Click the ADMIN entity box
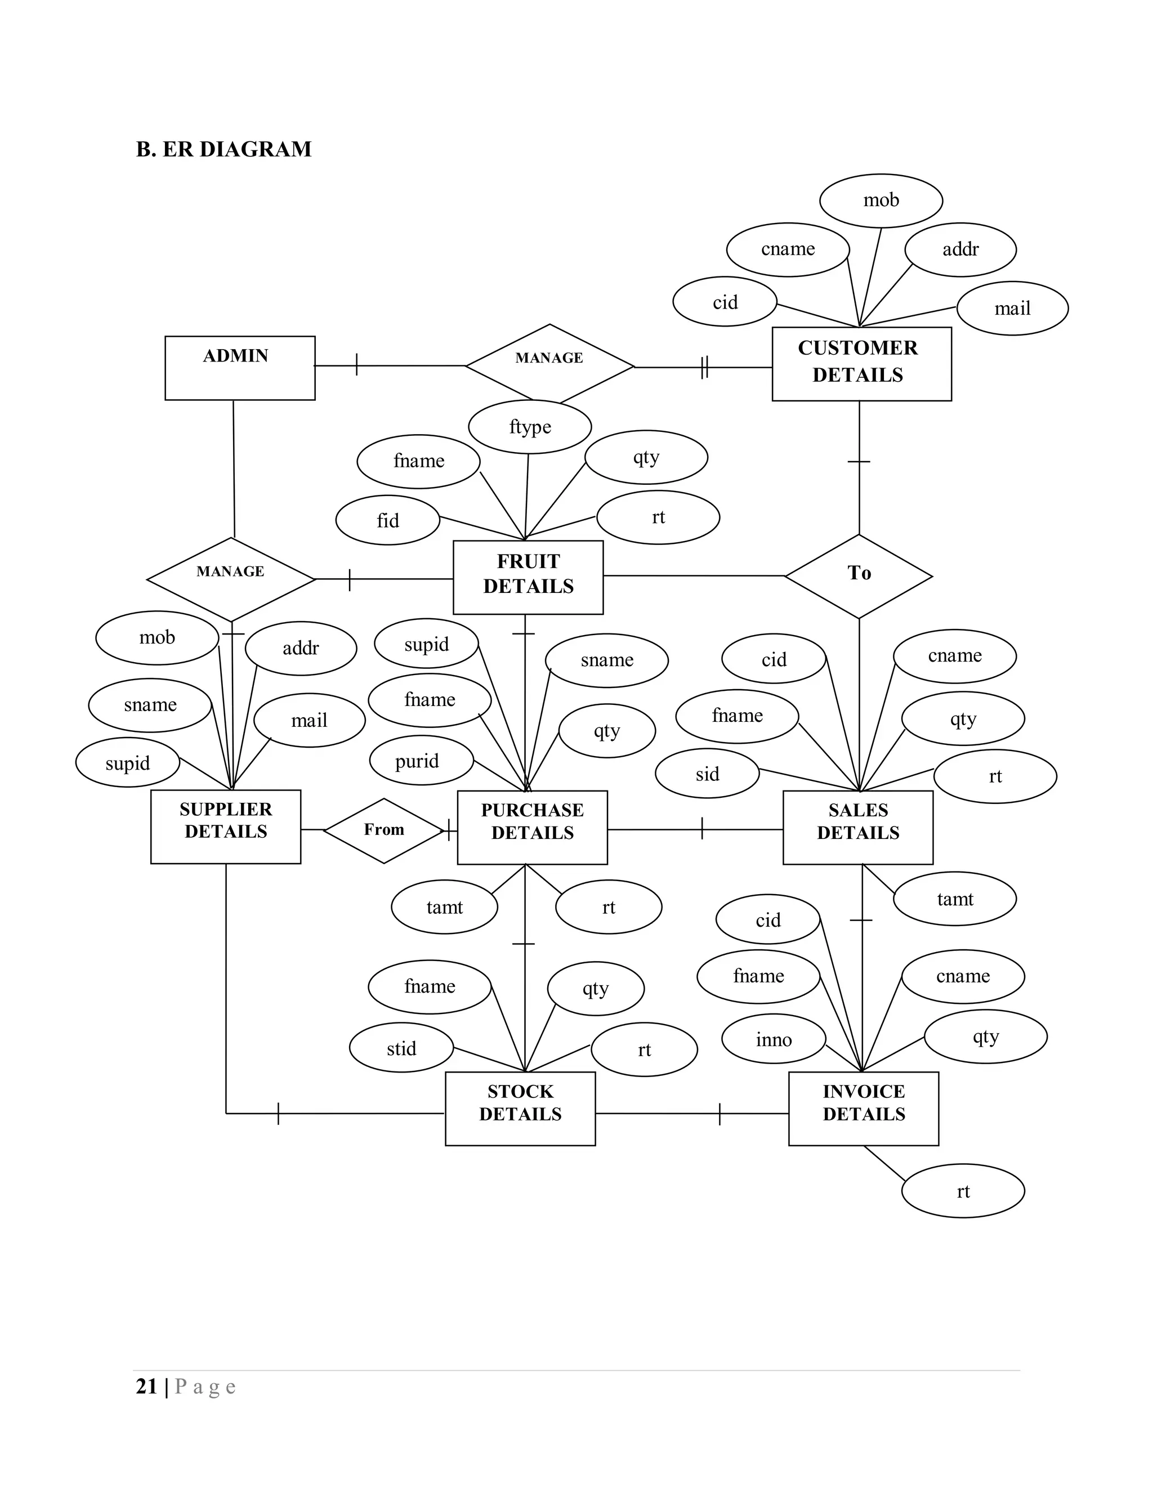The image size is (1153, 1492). tap(240, 368)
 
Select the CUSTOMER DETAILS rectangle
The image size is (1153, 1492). tap(861, 364)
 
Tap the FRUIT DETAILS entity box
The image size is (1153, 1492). tap(528, 577)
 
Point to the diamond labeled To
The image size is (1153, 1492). tap(859, 576)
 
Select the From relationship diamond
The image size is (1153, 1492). tap(384, 830)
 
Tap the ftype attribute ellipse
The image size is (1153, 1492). tap(529, 427)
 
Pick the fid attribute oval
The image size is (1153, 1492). tap(387, 521)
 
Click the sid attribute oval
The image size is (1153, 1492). tap(707, 774)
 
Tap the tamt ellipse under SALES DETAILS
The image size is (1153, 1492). tap(954, 899)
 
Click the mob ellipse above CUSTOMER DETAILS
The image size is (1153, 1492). tap(881, 200)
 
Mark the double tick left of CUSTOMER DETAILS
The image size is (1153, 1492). tap(705, 367)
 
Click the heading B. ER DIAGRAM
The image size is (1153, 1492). tap(224, 149)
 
